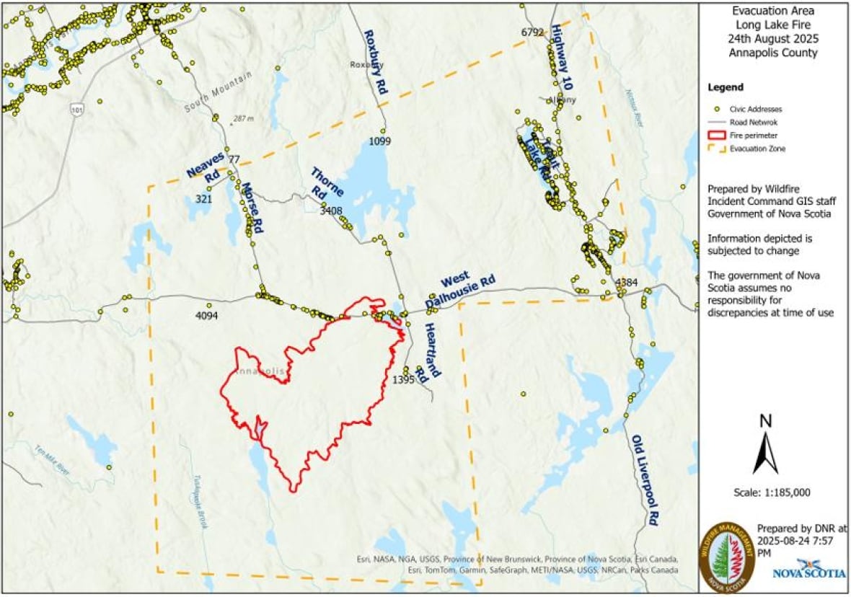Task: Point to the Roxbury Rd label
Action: tap(376, 62)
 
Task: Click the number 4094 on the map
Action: tap(207, 315)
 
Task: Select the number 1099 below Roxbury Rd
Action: tap(379, 141)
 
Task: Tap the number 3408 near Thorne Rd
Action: tap(331, 211)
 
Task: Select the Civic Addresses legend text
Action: tap(755, 109)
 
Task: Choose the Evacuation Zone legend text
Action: tap(757, 149)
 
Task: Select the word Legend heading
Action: tap(726, 87)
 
